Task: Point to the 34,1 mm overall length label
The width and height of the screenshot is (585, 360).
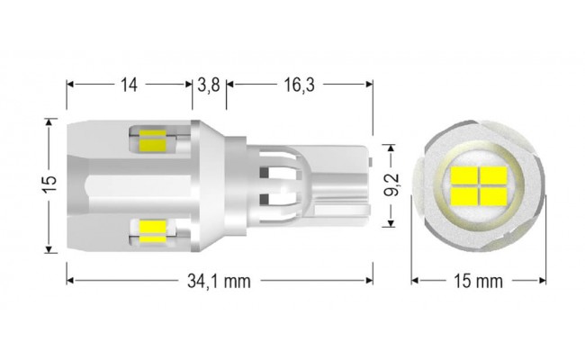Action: click(219, 281)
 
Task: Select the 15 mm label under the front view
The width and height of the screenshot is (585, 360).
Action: click(477, 281)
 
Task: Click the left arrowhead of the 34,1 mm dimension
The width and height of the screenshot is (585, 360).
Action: click(70, 280)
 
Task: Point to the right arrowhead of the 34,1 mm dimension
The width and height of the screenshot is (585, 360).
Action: click(369, 280)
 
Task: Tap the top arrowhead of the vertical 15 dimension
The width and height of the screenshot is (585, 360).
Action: click(50, 120)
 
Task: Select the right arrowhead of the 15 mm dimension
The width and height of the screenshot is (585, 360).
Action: click(542, 280)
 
